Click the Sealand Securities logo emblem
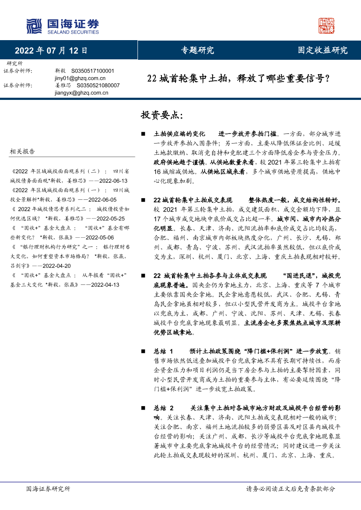coord(34,26)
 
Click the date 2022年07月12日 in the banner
coord(51,50)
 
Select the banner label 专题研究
coord(197,50)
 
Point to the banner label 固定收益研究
coord(323,50)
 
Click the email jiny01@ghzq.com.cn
coord(77,78)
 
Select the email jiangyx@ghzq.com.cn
coord(82,92)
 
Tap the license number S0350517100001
coord(93,71)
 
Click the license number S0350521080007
coord(98,86)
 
